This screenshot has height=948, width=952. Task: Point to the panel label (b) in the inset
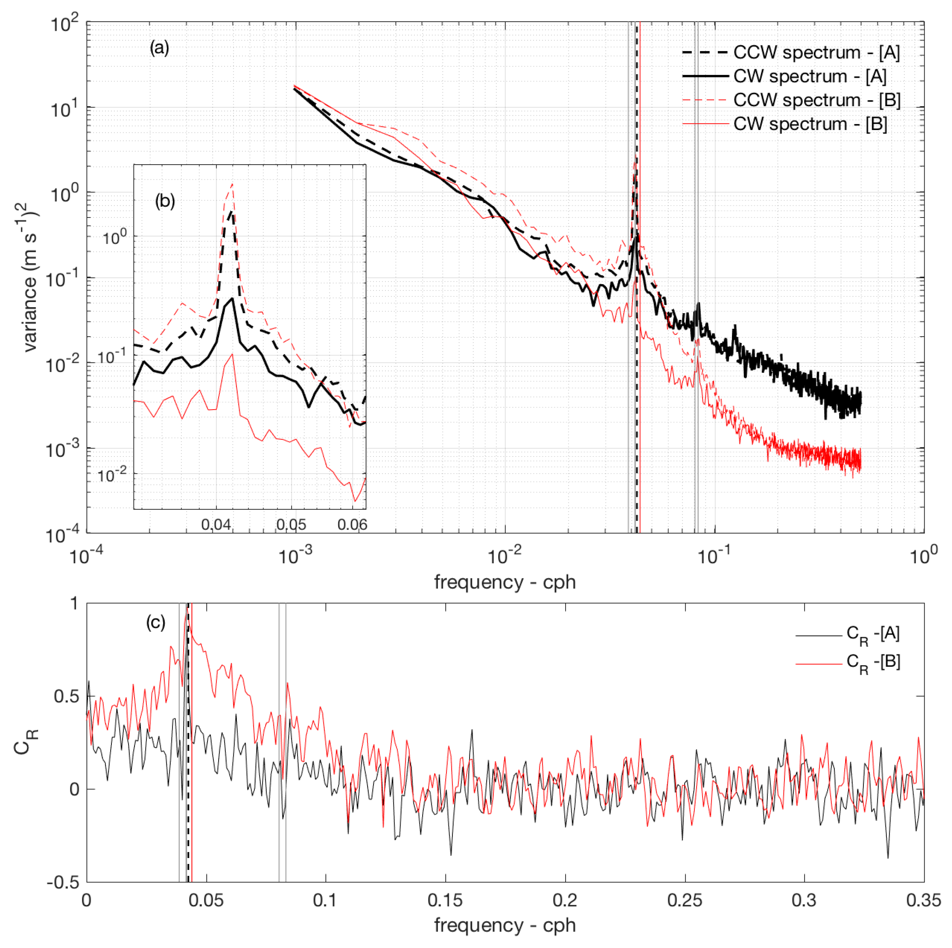(165, 201)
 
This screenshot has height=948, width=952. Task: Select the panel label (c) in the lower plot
(155, 623)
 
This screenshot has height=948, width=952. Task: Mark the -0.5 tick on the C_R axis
(63, 882)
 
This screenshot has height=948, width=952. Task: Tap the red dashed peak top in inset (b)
(232, 184)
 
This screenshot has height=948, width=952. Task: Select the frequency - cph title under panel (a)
(505, 582)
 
